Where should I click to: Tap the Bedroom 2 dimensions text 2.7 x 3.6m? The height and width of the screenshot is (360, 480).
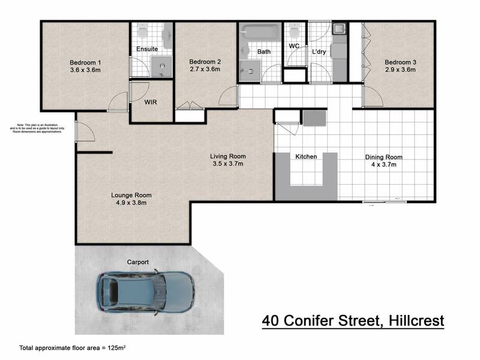point(205,70)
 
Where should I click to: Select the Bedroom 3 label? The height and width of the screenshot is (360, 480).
point(400,62)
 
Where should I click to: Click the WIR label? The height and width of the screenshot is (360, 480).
point(151,102)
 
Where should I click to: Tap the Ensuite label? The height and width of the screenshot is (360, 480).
point(146,49)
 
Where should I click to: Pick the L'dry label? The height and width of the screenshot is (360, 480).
point(319,52)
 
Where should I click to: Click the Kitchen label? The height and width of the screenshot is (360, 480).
point(306,157)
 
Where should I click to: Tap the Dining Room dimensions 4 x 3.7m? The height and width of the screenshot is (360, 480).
point(384,165)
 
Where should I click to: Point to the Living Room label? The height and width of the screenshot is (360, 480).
point(229,156)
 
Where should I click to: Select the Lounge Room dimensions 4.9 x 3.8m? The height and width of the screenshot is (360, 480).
point(131,203)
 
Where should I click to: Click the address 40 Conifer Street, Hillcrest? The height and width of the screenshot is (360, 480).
point(353,321)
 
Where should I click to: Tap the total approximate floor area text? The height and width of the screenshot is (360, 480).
point(76,347)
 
